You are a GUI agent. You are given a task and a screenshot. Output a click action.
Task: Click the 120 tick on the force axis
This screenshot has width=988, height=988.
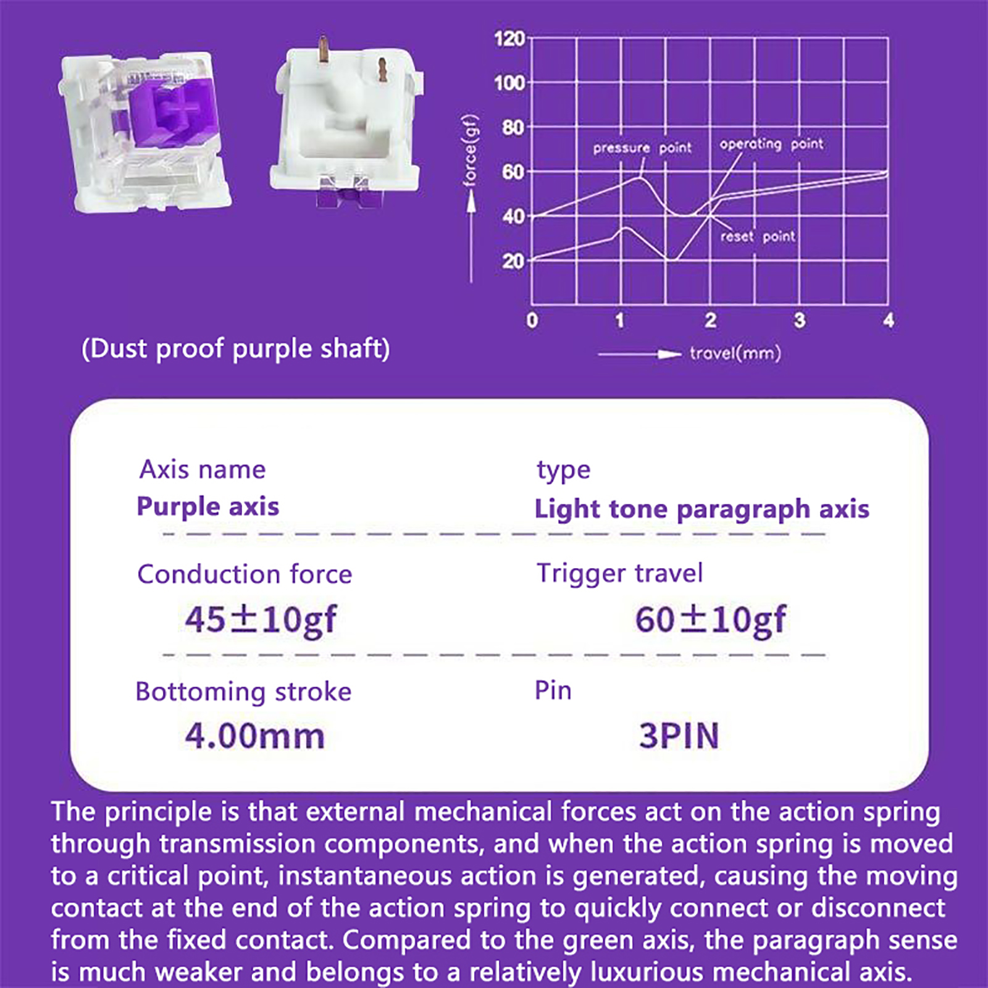(509, 39)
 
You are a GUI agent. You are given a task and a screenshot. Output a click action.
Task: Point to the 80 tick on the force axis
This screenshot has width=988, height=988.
(513, 128)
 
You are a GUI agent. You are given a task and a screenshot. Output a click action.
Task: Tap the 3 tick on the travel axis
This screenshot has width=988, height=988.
(800, 320)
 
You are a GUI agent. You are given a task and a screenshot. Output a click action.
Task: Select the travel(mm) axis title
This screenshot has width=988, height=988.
(735, 354)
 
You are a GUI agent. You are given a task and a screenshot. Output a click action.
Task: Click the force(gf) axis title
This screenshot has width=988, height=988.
(471, 150)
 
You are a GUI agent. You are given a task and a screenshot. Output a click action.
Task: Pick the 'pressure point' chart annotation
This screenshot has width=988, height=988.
(642, 148)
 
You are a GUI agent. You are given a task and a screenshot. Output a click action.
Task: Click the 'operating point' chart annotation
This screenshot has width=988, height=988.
(771, 144)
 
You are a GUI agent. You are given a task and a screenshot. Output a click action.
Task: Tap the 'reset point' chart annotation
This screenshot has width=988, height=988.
(758, 237)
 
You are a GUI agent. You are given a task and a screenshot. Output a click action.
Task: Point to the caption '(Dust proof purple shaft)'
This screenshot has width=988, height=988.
(236, 349)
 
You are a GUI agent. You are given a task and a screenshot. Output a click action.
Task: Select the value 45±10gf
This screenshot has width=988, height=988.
(261, 619)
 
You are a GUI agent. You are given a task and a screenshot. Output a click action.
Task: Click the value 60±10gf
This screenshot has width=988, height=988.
(710, 619)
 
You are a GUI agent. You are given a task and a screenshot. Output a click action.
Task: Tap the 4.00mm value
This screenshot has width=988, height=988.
(254, 736)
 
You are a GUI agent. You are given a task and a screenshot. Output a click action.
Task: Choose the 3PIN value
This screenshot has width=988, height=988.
(679, 736)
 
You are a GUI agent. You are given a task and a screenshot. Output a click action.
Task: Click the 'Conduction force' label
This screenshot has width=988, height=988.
(245, 574)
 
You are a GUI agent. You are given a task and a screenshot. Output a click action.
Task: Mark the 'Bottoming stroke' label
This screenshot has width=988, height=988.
(243, 692)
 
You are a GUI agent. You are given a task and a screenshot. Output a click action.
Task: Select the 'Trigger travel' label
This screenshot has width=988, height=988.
(619, 574)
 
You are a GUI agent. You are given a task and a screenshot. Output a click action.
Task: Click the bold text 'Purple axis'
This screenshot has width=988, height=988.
(207, 507)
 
